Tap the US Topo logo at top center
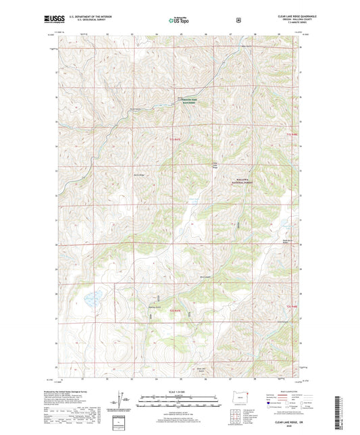click(179, 20)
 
